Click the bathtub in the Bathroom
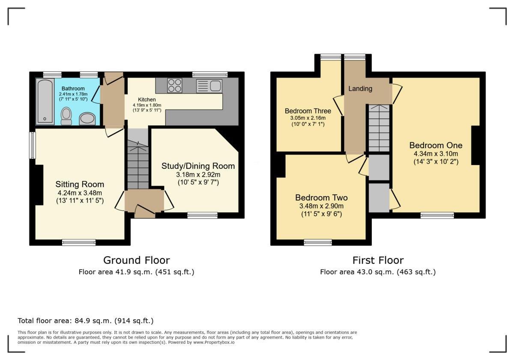click(45, 102)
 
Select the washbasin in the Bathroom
click(87, 119)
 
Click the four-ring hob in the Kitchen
click(174, 85)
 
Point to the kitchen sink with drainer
click(209, 86)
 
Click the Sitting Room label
click(80, 184)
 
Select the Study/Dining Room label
click(198, 166)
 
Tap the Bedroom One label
click(436, 145)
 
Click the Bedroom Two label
click(321, 198)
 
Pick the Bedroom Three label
click(308, 111)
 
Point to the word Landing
click(360, 89)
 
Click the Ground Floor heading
click(136, 260)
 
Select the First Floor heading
click(378, 260)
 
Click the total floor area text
click(85, 321)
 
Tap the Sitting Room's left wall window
click(32, 145)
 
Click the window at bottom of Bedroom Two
click(318, 243)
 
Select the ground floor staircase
click(137, 167)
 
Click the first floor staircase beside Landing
click(379, 129)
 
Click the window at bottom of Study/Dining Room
click(202, 215)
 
